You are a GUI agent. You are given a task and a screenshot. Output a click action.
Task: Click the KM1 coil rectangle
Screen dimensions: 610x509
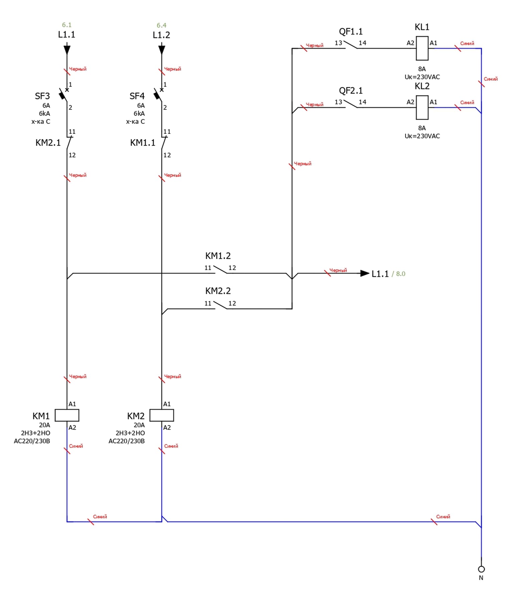tap(67, 415)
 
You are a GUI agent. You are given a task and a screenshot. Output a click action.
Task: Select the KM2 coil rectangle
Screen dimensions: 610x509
tap(162, 415)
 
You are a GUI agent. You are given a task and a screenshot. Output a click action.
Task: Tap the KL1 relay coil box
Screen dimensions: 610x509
tap(422, 48)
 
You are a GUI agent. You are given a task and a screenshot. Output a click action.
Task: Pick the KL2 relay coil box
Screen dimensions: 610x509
tap(422, 107)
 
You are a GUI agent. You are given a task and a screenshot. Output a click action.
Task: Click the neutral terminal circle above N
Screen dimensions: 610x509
tap(481, 569)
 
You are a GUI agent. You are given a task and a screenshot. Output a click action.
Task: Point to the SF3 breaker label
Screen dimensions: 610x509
tap(42, 96)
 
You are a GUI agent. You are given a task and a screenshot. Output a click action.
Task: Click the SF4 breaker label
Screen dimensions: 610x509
tap(137, 96)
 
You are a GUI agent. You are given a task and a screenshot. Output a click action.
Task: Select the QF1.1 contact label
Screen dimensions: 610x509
tap(351, 32)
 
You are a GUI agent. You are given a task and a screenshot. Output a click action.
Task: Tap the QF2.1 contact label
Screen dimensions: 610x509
tap(351, 91)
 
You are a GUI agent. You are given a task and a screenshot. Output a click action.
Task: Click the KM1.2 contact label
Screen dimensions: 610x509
tap(218, 256)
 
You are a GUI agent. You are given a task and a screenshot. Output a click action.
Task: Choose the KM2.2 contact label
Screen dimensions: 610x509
tap(218, 291)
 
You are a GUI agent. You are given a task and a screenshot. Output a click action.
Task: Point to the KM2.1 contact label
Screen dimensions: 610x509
tap(48, 143)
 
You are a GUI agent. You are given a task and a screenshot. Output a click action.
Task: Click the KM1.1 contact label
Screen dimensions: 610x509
tap(143, 143)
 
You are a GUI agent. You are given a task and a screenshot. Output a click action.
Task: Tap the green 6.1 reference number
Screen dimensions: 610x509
tap(67, 25)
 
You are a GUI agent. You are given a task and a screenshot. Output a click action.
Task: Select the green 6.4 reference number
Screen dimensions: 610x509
tap(162, 25)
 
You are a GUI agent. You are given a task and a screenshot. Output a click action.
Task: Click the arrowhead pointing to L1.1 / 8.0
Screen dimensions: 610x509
tap(365, 273)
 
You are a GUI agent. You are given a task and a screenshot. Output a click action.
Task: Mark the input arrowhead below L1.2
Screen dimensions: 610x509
tap(162, 50)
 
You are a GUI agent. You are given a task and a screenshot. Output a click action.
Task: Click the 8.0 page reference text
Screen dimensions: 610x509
tap(400, 274)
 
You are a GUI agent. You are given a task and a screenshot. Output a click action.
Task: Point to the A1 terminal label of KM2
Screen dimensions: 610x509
tap(167, 404)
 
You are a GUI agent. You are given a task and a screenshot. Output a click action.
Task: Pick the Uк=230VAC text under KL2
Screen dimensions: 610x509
tap(422, 136)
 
